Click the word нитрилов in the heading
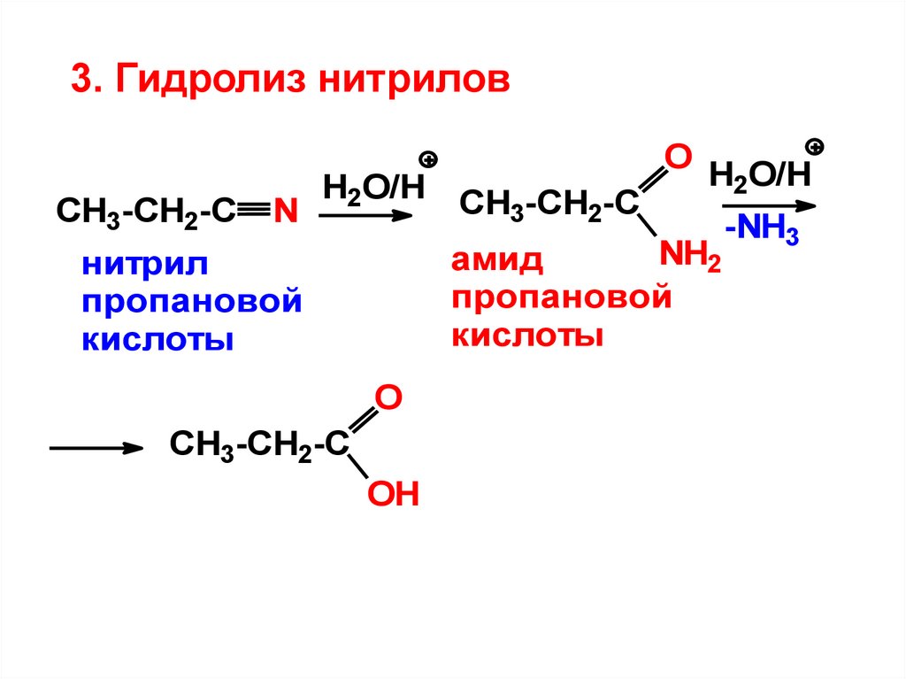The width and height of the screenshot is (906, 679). pyautogui.click(x=415, y=81)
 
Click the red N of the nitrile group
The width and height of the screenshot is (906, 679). pyautogui.click(x=284, y=212)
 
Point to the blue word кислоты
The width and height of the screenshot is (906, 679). pyautogui.click(x=158, y=340)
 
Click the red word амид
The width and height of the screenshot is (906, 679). pyautogui.click(x=496, y=262)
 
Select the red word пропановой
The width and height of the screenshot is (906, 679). pyautogui.click(x=561, y=299)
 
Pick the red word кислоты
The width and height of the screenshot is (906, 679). pyautogui.click(x=527, y=336)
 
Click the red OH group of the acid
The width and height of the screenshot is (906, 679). pyautogui.click(x=392, y=493)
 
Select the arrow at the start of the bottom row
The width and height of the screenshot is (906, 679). pyautogui.click(x=96, y=448)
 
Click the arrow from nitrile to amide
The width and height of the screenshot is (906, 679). pyautogui.click(x=365, y=215)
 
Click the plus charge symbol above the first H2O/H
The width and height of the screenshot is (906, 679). pyautogui.click(x=429, y=160)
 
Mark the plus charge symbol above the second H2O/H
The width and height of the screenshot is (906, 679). pyautogui.click(x=815, y=146)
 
